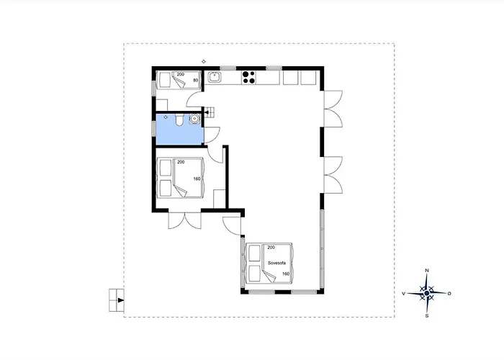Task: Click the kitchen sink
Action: pyautogui.click(x=214, y=78)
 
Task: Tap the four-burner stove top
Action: pyautogui.click(x=249, y=78)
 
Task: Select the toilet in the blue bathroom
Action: pyautogui.click(x=179, y=120)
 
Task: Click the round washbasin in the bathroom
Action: pyautogui.click(x=194, y=119)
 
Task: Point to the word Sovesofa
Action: pyautogui.click(x=276, y=263)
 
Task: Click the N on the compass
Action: pyautogui.click(x=427, y=271)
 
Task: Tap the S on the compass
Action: pyautogui.click(x=427, y=316)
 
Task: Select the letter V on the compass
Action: pyautogui.click(x=404, y=294)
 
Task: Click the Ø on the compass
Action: pyautogui.click(x=449, y=294)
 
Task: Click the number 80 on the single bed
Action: pyautogui.click(x=196, y=81)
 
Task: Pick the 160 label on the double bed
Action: pyautogui.click(x=197, y=179)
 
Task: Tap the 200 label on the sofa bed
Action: pyautogui.click(x=271, y=248)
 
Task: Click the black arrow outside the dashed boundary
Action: pyautogui.click(x=120, y=300)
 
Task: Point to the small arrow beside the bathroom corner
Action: pyautogui.click(x=207, y=112)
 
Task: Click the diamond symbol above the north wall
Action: pyautogui.click(x=204, y=61)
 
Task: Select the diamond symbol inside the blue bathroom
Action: pyautogui.click(x=166, y=117)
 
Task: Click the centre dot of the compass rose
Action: pyautogui.click(x=426, y=293)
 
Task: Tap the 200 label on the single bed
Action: pyautogui.click(x=181, y=75)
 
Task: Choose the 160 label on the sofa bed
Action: pyautogui.click(x=286, y=274)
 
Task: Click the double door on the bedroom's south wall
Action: pyautogui.click(x=185, y=220)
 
